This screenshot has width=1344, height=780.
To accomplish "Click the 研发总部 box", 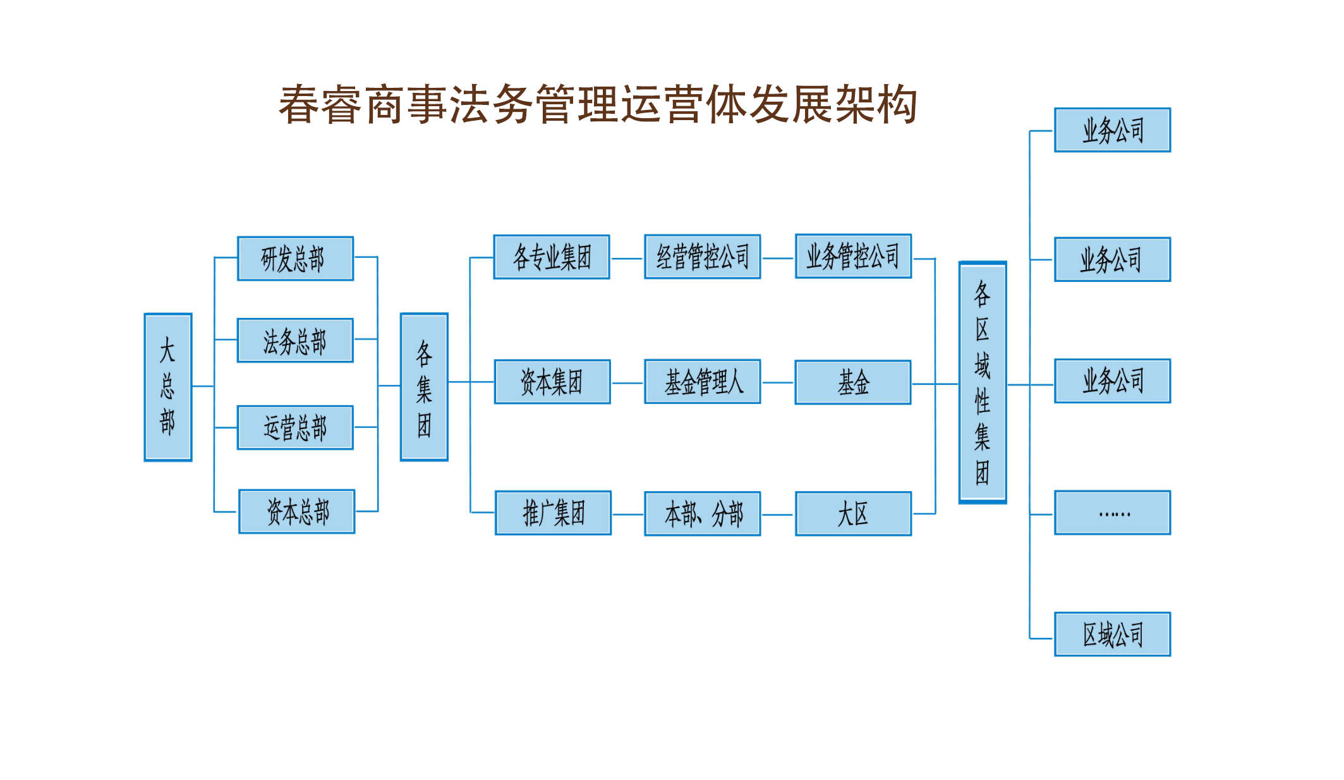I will point(295,259).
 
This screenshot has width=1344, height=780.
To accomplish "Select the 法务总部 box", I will point(295,341).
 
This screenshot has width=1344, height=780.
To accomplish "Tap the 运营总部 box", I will point(295,428).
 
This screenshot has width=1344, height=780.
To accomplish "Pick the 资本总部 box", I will point(297,511).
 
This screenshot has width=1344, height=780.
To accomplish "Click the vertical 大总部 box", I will point(168,387).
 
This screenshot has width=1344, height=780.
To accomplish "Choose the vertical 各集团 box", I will point(424,387).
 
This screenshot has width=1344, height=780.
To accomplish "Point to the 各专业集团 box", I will point(552,257).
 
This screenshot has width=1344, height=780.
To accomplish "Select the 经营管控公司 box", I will point(702,257).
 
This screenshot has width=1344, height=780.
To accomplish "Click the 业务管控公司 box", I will point(853,256).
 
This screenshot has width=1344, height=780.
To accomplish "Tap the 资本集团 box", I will point(552,382).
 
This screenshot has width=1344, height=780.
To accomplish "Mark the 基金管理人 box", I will point(702,382).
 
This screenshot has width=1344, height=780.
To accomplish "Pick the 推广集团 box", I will point(553,513).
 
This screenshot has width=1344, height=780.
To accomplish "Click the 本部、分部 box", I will point(702,513).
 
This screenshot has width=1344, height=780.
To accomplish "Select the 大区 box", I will point(853,513).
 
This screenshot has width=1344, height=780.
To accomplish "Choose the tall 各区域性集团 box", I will point(983,382).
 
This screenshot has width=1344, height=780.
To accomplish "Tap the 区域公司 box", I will point(1112,634).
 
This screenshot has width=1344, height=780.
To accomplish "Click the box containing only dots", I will point(1112,513).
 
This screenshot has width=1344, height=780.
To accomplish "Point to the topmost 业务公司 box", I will point(1112,130).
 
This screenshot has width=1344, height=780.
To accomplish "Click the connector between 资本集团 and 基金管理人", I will point(627,383).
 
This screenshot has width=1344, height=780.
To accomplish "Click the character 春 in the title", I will point(299,105).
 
